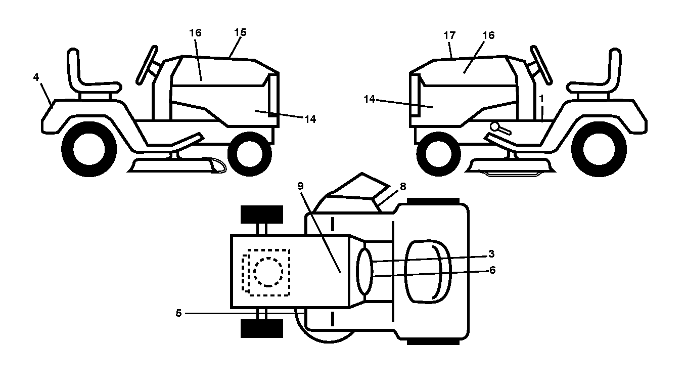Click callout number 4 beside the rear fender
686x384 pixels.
(x=36, y=77)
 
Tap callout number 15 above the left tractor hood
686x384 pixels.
(x=240, y=32)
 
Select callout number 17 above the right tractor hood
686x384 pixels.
(x=449, y=35)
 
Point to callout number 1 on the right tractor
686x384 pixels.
(x=541, y=99)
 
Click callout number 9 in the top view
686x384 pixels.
(x=300, y=186)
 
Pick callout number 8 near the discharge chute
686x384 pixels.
(x=403, y=186)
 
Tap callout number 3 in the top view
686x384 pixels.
(x=491, y=254)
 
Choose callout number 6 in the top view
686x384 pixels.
(x=492, y=270)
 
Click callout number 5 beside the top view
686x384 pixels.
(x=178, y=313)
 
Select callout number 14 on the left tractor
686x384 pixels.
(x=310, y=119)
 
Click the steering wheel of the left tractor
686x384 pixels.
(x=147, y=65)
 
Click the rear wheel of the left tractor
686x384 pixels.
(x=89, y=149)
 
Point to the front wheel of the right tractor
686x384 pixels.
(x=439, y=154)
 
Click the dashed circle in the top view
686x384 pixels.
(x=268, y=272)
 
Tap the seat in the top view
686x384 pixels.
(x=428, y=272)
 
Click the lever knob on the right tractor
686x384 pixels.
(x=494, y=126)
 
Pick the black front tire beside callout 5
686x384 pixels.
(x=262, y=328)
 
